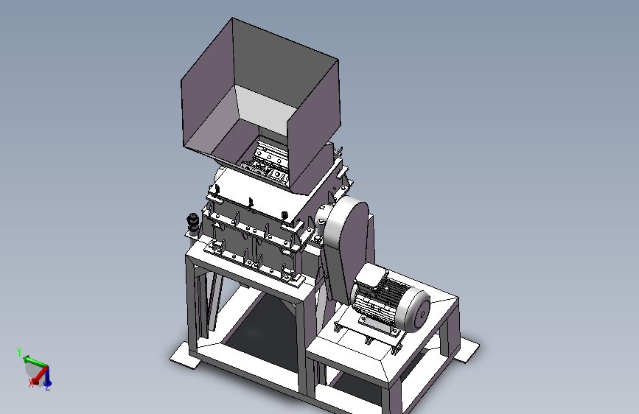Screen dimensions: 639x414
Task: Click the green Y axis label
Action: point(18,351)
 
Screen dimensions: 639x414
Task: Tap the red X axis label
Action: point(30,383)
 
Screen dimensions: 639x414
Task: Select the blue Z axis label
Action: point(48,387)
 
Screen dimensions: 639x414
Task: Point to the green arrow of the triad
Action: point(35,361)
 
